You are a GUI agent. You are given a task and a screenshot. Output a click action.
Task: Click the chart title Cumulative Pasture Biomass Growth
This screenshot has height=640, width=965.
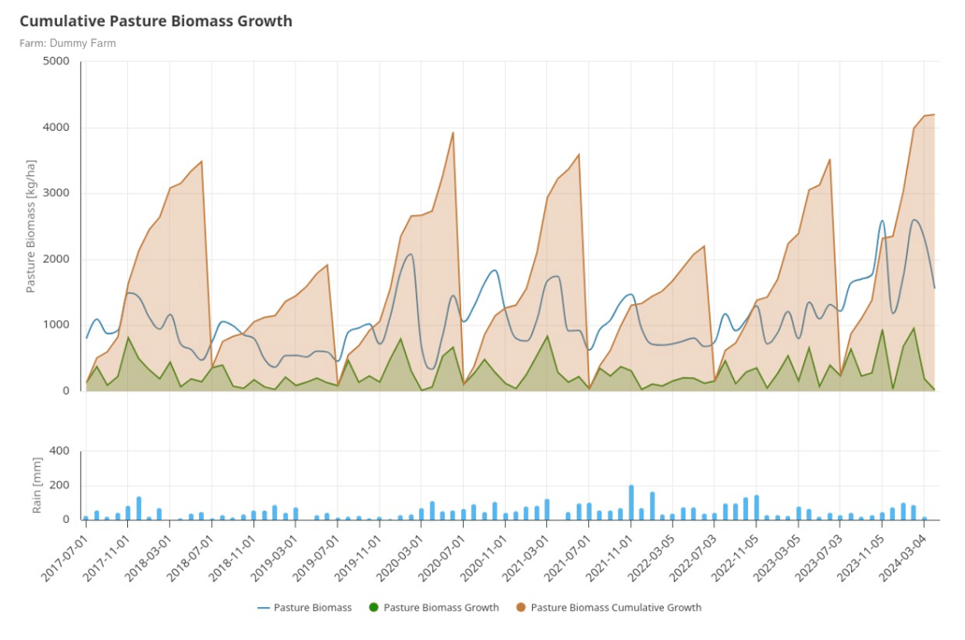155,21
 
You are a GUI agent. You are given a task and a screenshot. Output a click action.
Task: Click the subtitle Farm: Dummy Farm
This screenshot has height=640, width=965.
67,43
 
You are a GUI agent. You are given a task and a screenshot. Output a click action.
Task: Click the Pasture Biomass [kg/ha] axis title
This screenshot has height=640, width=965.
31,226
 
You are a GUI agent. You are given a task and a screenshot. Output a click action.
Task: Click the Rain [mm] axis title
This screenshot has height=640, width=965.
37,486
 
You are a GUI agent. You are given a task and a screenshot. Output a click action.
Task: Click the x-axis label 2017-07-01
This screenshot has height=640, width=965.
66,558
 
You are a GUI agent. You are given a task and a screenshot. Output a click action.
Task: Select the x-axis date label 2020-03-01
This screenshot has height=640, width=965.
401,558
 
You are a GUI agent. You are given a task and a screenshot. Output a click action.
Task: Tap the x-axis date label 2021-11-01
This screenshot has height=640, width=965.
611,558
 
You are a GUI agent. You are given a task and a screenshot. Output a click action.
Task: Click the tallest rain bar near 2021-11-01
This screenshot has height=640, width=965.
631,502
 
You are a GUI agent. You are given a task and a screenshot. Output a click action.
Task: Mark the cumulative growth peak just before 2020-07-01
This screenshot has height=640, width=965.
454,133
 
